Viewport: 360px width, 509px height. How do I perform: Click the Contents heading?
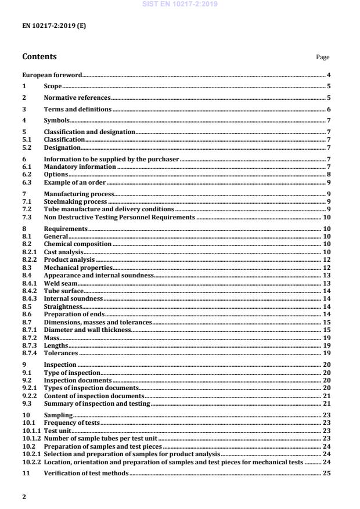tap(39, 57)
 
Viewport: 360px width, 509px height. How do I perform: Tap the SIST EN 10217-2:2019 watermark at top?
tap(179, 5)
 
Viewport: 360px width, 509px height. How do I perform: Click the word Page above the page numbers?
tap(322, 57)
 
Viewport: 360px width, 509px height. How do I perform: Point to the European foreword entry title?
tap(52, 75)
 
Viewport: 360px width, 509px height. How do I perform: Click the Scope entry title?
tap(53, 86)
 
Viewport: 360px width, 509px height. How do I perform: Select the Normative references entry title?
tap(77, 98)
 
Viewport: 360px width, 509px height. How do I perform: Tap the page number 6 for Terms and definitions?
tap(329, 110)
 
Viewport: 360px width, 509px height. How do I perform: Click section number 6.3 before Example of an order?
tap(27, 182)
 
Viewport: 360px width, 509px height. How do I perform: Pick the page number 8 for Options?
tap(329, 174)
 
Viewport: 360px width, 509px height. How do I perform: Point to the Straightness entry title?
tap(63, 306)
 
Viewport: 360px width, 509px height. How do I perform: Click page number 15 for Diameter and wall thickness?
tap(327, 330)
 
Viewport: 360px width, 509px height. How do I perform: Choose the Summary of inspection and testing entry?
tap(97, 403)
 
